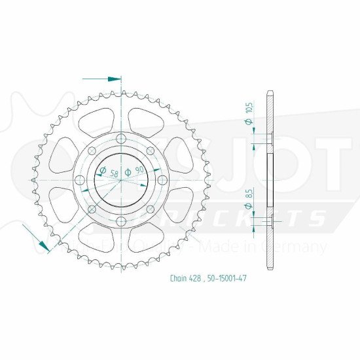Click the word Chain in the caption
click(x=178, y=279)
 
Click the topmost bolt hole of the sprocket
click(x=121, y=137)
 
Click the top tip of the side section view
click(x=270, y=90)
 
